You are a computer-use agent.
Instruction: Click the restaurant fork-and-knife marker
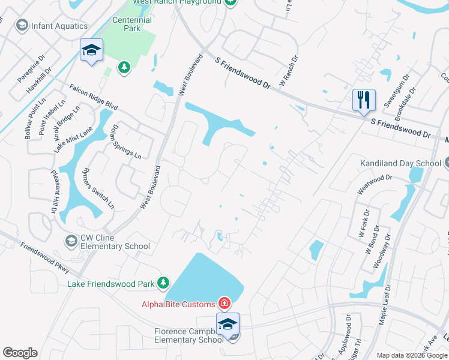click(x=364, y=100)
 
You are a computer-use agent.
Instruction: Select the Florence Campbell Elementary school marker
click(x=228, y=324)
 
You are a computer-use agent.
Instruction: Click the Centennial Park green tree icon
click(x=124, y=67)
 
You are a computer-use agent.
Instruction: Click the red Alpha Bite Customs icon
click(x=224, y=303)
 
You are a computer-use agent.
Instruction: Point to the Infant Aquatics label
click(x=59, y=26)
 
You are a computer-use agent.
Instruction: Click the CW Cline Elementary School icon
click(x=71, y=241)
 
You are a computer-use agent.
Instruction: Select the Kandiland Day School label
click(x=400, y=163)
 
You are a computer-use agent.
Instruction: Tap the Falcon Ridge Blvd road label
click(x=94, y=97)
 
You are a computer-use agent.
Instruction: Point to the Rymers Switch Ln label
click(x=98, y=187)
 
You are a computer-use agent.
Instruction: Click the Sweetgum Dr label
click(x=397, y=90)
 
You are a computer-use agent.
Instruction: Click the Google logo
click(x=20, y=353)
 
